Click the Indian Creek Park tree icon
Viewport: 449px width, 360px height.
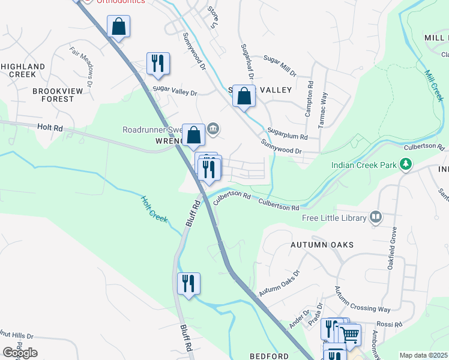tap(406, 164)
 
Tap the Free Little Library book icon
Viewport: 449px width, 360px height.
tap(376, 217)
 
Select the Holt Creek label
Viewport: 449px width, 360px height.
tap(154, 209)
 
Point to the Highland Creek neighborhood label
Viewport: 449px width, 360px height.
tap(23, 70)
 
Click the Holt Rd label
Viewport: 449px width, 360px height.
tap(50, 128)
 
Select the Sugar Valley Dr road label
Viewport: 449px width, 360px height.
tap(175, 92)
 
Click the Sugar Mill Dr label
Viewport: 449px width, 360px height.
tap(280, 66)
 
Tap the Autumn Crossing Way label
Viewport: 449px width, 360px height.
tap(363, 299)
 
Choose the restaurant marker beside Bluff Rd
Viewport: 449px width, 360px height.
tap(188, 283)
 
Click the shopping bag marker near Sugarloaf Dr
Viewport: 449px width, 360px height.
tap(244, 96)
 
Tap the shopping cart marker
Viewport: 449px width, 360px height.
tap(349, 334)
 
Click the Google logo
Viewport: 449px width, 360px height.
tap(20, 352)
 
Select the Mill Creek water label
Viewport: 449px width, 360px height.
tap(434, 85)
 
